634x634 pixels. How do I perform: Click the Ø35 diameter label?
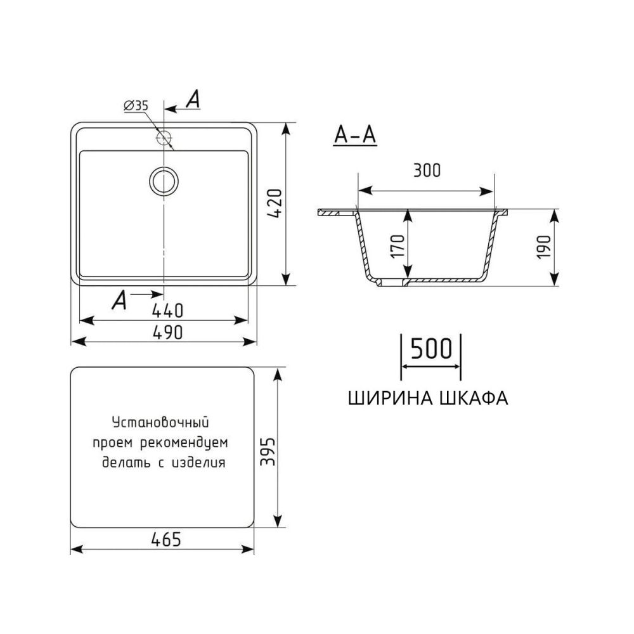(x=136, y=106)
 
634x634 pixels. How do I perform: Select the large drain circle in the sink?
(x=164, y=181)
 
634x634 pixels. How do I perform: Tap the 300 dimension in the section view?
(x=425, y=171)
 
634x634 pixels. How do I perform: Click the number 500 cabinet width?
(x=431, y=349)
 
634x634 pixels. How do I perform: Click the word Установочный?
(x=160, y=422)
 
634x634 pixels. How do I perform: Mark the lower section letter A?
(x=118, y=301)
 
